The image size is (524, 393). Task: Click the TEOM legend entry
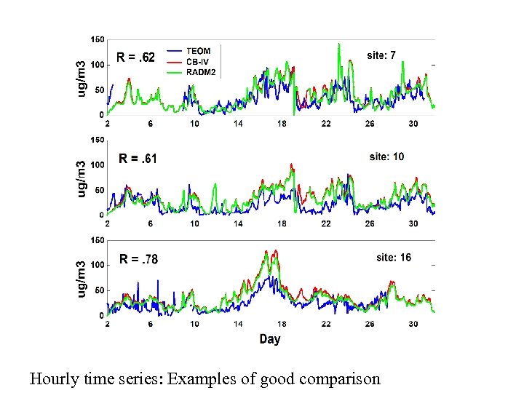[x=198, y=51]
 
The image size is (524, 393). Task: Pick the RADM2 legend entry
[x=200, y=72]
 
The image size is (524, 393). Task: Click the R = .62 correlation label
[x=136, y=57]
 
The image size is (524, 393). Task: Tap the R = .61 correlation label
[x=138, y=158]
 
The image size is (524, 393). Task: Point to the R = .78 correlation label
[x=138, y=259]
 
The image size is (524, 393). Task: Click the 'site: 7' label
[x=381, y=55]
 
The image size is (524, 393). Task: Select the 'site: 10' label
[x=386, y=156]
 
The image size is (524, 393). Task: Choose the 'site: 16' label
[x=393, y=257]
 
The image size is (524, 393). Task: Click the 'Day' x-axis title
[x=269, y=339]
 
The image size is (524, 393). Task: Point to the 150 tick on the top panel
[x=97, y=39]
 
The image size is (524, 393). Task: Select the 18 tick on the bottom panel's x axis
[x=282, y=325]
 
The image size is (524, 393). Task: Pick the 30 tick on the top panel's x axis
[x=413, y=124]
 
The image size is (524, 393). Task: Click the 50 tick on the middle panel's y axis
[x=99, y=190]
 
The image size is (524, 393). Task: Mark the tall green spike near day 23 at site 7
[x=338, y=46]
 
